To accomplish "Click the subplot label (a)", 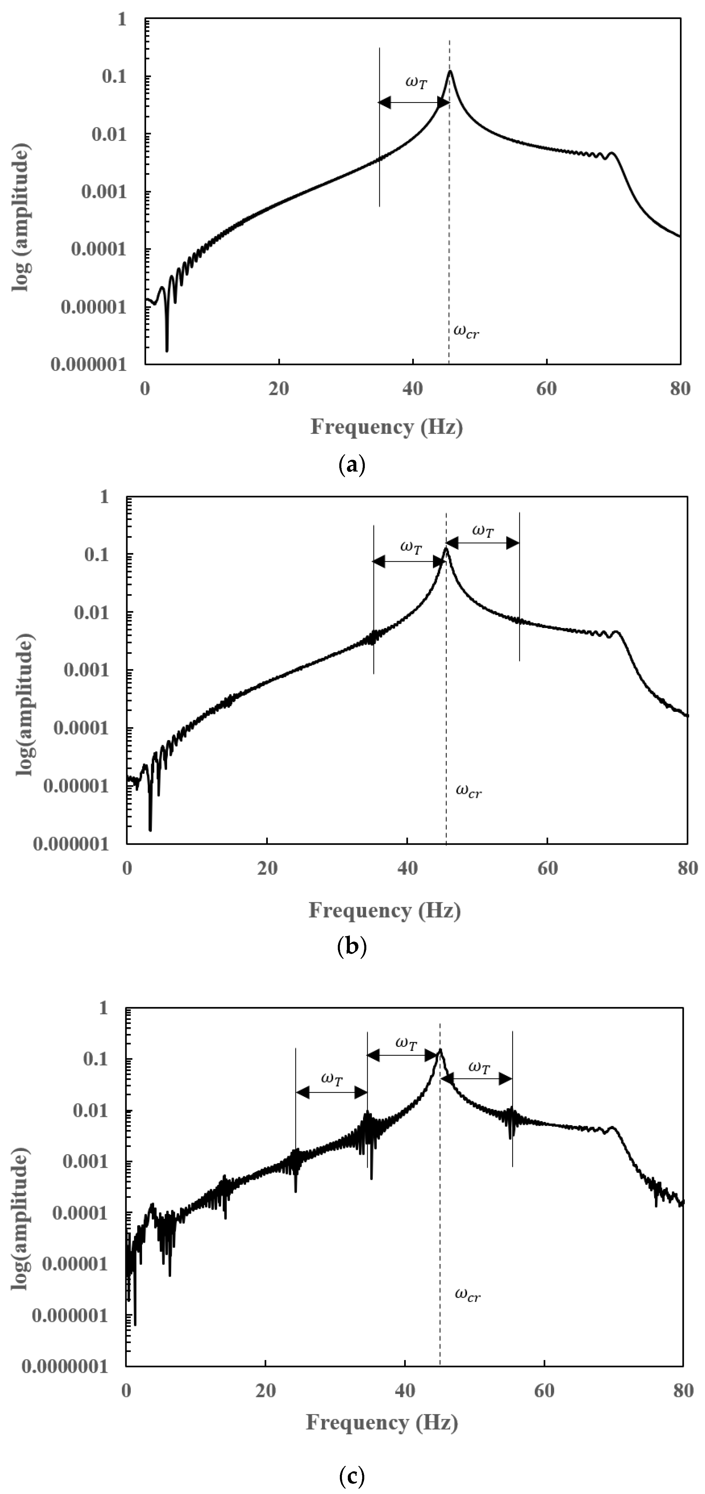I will coord(351,465).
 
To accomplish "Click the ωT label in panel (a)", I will coord(416,83).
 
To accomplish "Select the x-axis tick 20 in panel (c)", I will coord(265,1391).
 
